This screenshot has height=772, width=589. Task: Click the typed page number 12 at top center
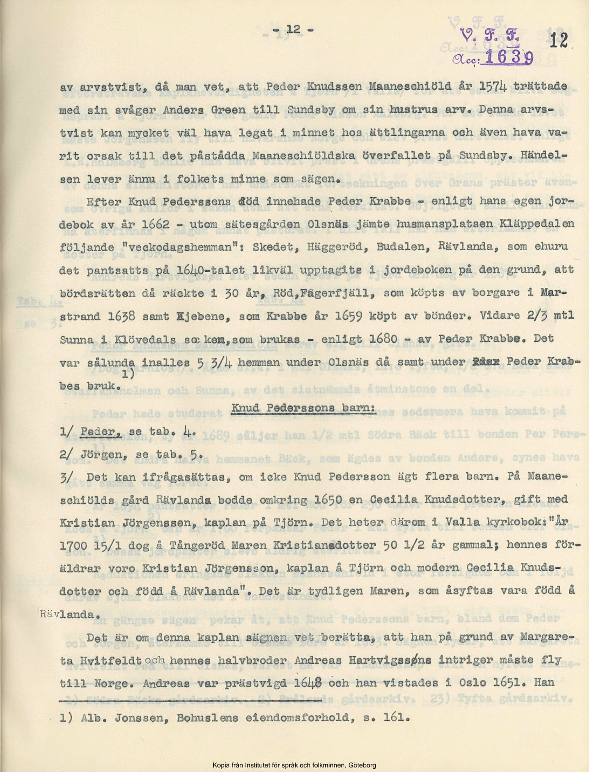point(293,30)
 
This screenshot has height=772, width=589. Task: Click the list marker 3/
point(66,477)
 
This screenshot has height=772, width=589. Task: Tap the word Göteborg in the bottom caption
point(362,765)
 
